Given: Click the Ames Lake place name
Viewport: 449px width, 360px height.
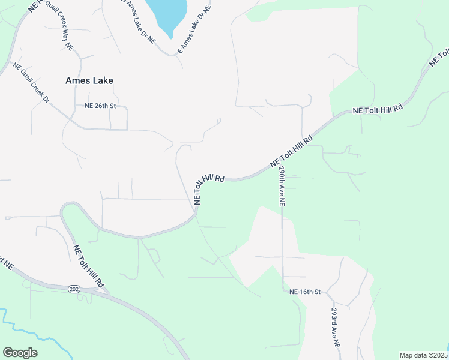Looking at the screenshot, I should click(89, 80).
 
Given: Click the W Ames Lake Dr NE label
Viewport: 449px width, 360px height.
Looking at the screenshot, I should click(137, 21).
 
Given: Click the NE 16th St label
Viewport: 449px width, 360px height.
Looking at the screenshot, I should click(306, 292).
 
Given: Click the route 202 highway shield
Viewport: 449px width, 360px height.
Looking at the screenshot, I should click(74, 289).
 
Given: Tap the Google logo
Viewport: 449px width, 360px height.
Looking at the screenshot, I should click(20, 353).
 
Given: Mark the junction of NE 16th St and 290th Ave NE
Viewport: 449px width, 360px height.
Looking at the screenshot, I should click(282, 292).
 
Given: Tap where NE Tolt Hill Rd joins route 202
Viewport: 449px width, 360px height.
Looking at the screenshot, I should click(107, 293).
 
